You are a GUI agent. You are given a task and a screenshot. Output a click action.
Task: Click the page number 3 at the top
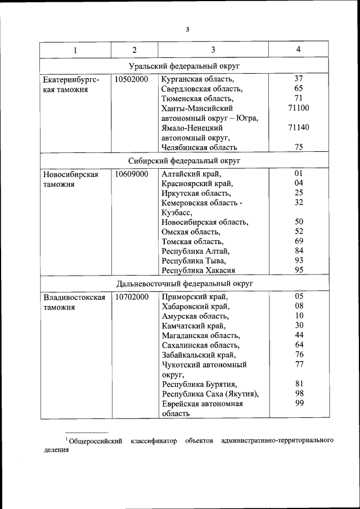tap(187, 30)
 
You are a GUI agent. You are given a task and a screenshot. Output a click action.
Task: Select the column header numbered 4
tap(298, 49)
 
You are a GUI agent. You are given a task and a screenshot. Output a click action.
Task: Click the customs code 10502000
tap(131, 79)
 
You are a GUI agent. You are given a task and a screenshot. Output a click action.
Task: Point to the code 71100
tap(298, 107)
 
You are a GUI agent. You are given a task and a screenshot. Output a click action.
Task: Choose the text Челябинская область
tap(199, 147)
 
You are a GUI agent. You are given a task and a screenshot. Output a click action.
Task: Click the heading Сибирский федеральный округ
tap(184, 161)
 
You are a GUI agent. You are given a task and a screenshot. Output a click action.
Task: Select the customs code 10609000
tap(131, 174)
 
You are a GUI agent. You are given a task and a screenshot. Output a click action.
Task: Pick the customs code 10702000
tap(131, 296)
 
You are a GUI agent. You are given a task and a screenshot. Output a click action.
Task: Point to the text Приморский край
tap(195, 296)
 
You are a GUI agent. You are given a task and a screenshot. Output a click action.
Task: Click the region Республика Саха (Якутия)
tap(210, 393)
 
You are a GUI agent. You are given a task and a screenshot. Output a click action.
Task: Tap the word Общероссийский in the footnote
tap(96, 440)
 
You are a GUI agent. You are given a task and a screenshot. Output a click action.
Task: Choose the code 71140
tap(298, 128)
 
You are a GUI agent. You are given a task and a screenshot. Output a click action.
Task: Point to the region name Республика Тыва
tap(193, 260)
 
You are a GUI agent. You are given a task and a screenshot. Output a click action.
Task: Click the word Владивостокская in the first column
tap(74, 296)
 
